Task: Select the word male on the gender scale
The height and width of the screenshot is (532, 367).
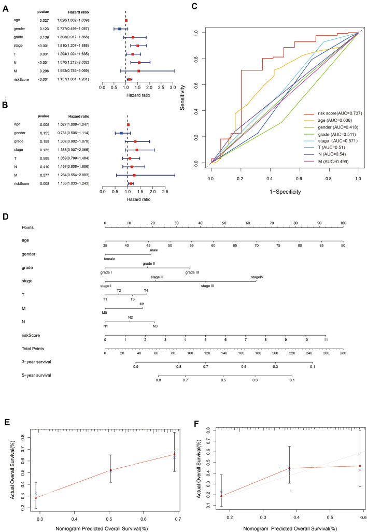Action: coord(154,250)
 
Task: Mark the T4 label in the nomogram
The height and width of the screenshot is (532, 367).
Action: coord(146,291)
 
